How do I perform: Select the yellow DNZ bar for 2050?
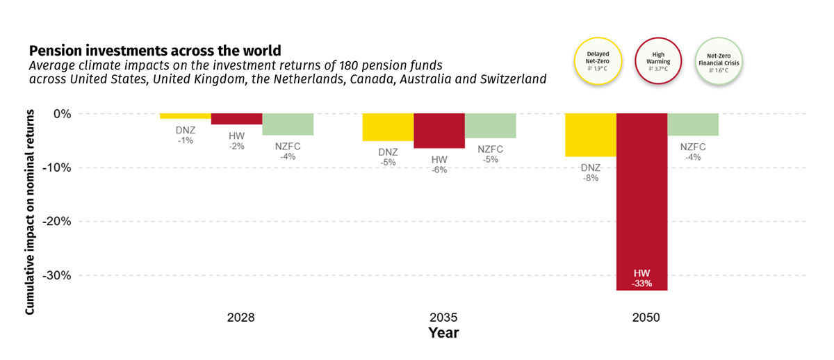(x=590, y=135)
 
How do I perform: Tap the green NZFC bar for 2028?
(x=287, y=124)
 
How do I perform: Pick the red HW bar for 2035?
(x=439, y=131)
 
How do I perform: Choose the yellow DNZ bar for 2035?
(x=387, y=127)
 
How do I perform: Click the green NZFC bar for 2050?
(x=693, y=124)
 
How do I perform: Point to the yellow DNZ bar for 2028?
(x=185, y=116)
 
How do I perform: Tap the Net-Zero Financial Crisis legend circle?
(x=719, y=60)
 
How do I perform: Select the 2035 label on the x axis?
(x=443, y=318)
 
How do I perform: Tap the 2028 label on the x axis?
(x=240, y=318)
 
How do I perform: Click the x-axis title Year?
(x=443, y=334)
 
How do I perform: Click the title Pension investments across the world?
(x=154, y=51)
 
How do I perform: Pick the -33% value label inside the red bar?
(x=641, y=284)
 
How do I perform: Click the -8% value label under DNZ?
(x=591, y=178)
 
